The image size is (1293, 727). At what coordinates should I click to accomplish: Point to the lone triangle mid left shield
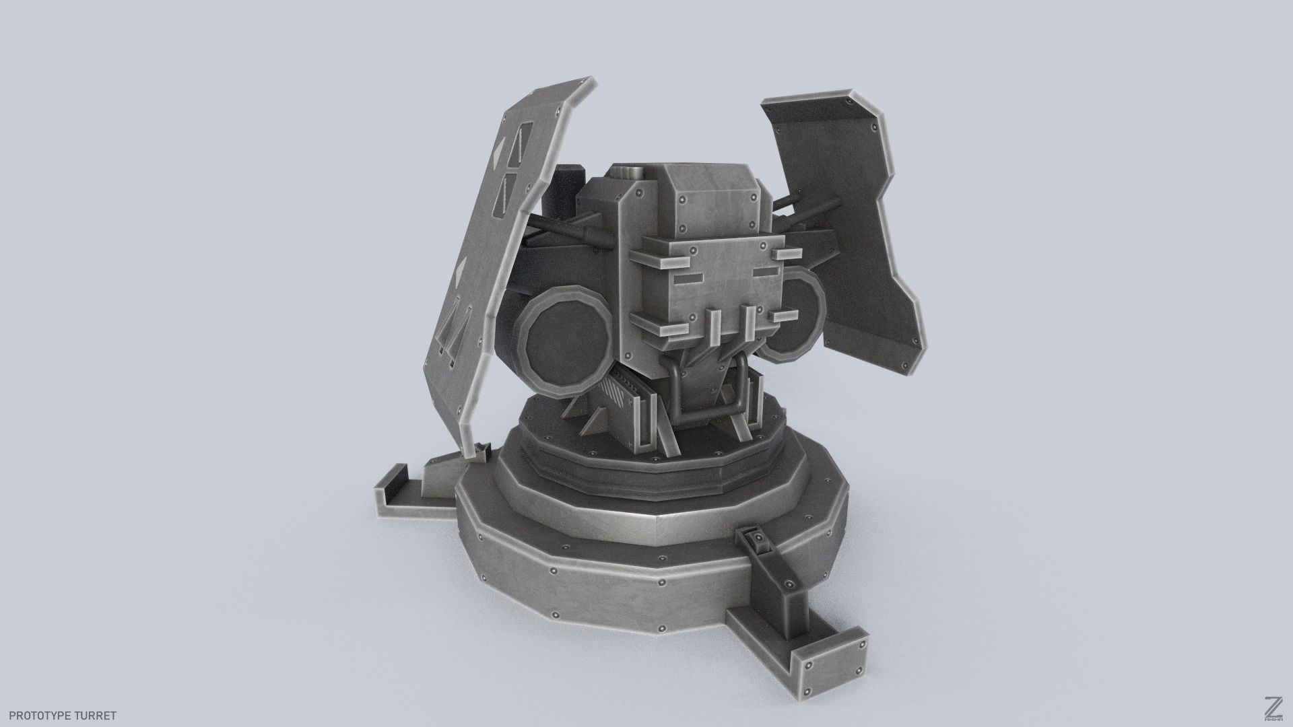pos(459,272)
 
